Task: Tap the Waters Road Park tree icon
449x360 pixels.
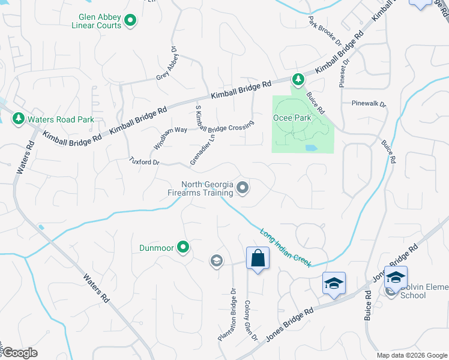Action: (19, 119)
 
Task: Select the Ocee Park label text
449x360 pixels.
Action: (293, 118)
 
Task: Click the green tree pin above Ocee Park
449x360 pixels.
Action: (298, 79)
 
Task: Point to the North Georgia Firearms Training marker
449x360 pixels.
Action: (243, 188)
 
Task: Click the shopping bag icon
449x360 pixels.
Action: (258, 259)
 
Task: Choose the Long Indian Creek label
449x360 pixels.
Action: (285, 247)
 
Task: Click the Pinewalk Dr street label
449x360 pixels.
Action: (369, 104)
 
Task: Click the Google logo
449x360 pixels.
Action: (19, 353)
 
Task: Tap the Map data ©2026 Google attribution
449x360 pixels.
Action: (412, 355)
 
